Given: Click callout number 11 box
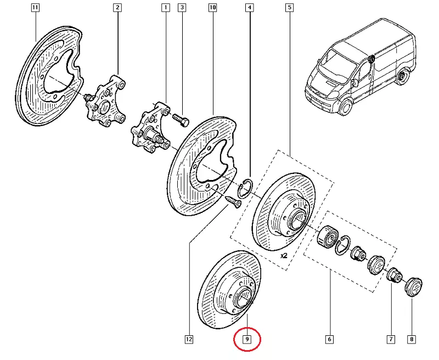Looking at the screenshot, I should click(x=35, y=8).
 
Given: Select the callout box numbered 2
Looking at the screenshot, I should click(x=117, y=8).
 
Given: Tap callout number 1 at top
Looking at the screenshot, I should click(x=165, y=8).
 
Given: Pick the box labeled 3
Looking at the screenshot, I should click(x=182, y=8).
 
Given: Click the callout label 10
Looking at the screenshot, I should click(x=213, y=8).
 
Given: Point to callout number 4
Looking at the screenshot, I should click(x=250, y=8).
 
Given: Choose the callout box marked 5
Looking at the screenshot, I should click(x=289, y=8).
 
